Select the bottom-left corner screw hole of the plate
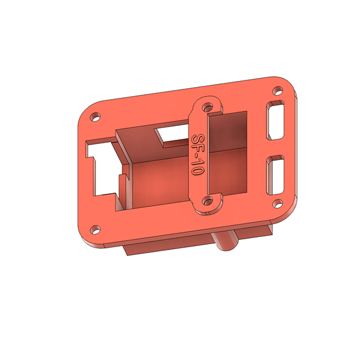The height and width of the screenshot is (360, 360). coord(94,229)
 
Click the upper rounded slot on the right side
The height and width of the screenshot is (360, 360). coord(277,122)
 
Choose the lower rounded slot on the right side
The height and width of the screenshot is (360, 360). coord(276,175)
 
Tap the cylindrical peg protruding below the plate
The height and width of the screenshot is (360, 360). coord(226,243)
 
